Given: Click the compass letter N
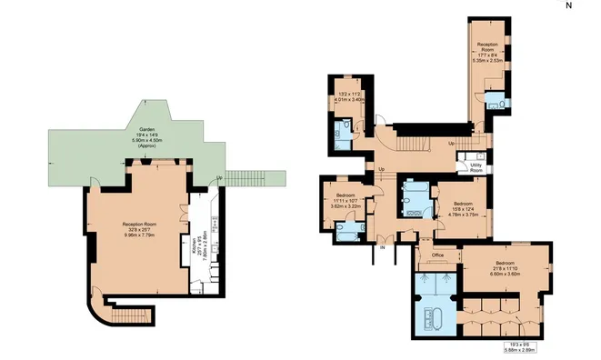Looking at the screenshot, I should pos(568,5).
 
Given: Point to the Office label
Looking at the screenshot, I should pos(436,255).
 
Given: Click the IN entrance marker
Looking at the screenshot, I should pos(383,247).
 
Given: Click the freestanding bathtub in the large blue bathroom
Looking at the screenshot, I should pos(434,321).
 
